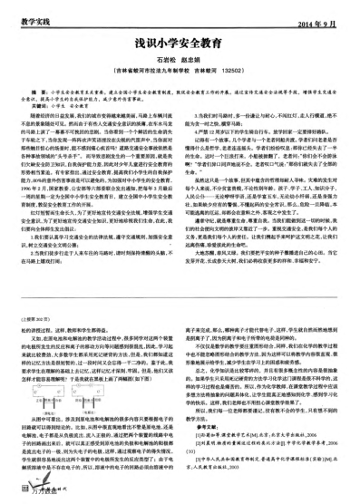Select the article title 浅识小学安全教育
coord(180,40)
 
